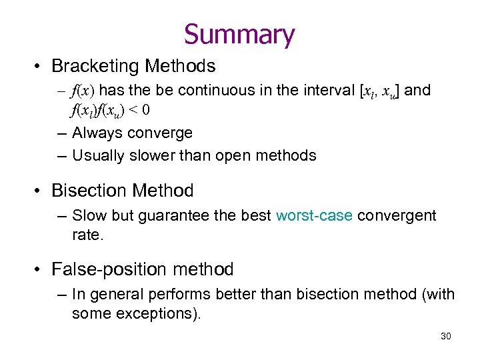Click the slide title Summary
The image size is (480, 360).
tap(239, 35)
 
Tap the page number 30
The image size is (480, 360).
tap(446, 336)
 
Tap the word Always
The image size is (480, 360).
tap(96, 133)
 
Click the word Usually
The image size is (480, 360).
tap(99, 156)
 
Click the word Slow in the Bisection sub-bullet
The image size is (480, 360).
tap(87, 216)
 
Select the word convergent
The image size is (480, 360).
tap(397, 216)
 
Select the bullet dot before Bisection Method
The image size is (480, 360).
tap(39, 191)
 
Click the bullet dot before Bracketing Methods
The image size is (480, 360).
tap(39, 67)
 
